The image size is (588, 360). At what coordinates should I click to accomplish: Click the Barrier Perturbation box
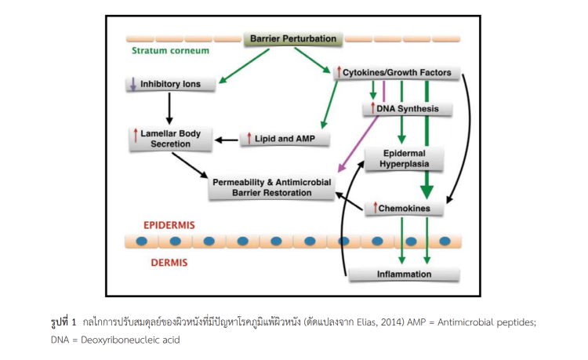coord(293,38)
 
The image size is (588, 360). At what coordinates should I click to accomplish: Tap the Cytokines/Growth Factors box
coord(396,73)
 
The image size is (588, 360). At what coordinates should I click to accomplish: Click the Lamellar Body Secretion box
coord(169,139)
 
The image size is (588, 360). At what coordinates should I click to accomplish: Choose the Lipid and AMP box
coord(285,139)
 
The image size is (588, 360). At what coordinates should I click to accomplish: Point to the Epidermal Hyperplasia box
coord(403,158)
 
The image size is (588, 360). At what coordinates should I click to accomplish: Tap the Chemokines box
coord(403,209)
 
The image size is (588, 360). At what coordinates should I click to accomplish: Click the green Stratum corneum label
coord(171,51)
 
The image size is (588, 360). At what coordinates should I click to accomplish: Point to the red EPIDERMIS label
coord(169,225)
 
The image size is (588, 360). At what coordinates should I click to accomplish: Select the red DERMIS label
coord(169,263)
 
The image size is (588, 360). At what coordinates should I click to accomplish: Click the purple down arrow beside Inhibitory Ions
coord(134,84)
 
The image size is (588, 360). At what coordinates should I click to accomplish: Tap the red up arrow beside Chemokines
coord(375,208)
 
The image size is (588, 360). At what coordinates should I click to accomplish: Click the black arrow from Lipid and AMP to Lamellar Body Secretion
coord(227,140)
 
